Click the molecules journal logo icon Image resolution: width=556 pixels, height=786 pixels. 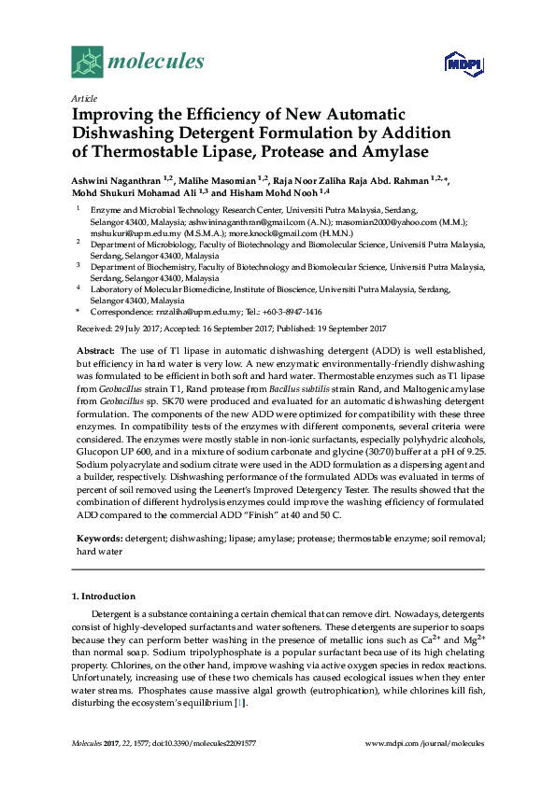[88, 63]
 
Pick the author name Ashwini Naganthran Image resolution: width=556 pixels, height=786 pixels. [117, 178]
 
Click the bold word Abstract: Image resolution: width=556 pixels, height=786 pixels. [95, 348]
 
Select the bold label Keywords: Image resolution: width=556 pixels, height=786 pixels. [99, 539]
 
